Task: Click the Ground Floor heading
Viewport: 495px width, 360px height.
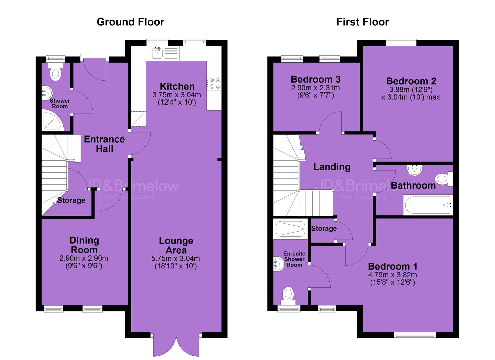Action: point(130,22)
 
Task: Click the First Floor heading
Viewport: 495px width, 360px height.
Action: point(363,22)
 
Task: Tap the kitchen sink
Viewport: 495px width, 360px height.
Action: point(157,53)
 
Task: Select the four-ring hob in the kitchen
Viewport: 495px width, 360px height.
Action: point(214,83)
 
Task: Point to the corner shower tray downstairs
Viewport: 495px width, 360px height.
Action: point(53,122)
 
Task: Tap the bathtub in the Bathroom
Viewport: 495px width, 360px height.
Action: point(428,205)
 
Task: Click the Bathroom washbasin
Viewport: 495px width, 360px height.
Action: point(415,170)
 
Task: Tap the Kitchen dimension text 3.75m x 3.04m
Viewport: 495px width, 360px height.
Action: point(177,95)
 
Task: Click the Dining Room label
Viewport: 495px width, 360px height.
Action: point(84,245)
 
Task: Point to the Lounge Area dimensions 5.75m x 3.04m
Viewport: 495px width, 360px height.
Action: point(175,258)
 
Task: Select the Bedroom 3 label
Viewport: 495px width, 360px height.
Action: point(316,79)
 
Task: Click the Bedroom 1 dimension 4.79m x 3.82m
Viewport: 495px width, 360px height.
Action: point(392,275)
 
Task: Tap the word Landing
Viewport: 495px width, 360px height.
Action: point(332,167)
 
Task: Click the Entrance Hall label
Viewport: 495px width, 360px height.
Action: point(105,144)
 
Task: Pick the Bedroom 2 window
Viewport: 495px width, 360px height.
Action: point(401,42)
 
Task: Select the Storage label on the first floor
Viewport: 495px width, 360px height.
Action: point(324,228)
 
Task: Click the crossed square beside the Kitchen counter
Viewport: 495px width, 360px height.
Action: point(138,119)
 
